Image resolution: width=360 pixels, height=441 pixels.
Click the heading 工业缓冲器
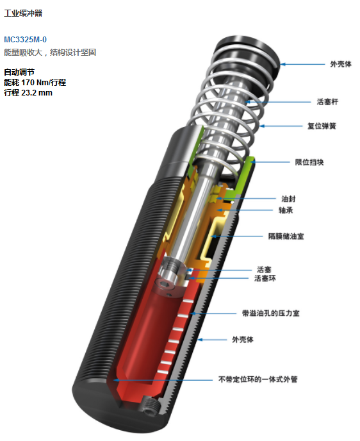coord(23,13)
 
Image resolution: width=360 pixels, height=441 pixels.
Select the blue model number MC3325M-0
coord(25,39)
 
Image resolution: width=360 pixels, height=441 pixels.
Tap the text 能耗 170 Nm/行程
coord(35,83)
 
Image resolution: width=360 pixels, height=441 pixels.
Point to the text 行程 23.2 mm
coord(28,92)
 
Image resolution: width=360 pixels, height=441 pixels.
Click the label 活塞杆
coord(327,101)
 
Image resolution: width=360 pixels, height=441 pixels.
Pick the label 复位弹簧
coord(322,126)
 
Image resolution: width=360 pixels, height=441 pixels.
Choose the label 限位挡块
coord(309,162)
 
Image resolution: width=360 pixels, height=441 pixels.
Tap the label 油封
coord(289,199)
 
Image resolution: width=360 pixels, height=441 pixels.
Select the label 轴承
coord(286,210)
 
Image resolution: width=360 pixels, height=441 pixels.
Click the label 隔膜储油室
coord(286,236)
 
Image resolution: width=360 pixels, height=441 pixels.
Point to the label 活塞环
coord(265,278)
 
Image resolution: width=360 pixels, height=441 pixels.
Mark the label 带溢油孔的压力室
coord(271,313)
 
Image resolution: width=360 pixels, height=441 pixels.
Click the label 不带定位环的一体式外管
coord(258,379)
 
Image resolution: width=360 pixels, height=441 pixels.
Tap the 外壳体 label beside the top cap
coord(341,64)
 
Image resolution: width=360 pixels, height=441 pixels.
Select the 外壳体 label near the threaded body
coord(243,340)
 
